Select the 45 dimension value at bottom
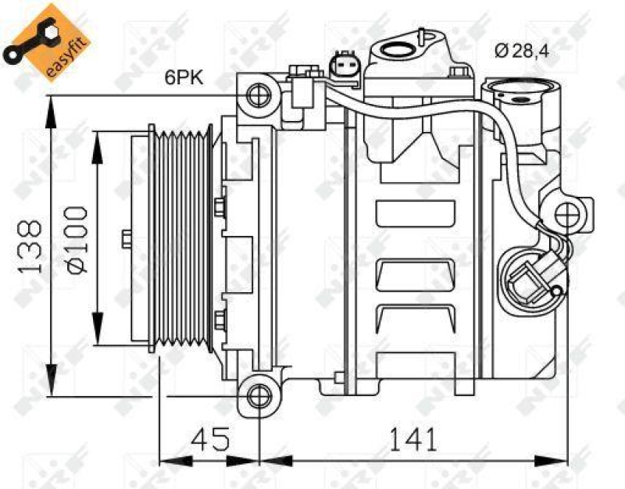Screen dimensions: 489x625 pyautogui.click(x=210, y=440)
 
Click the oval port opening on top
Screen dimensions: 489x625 pyautogui.click(x=401, y=50)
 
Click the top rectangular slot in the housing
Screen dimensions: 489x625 pyautogui.click(x=415, y=212)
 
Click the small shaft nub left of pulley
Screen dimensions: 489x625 pyautogui.click(x=127, y=238)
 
